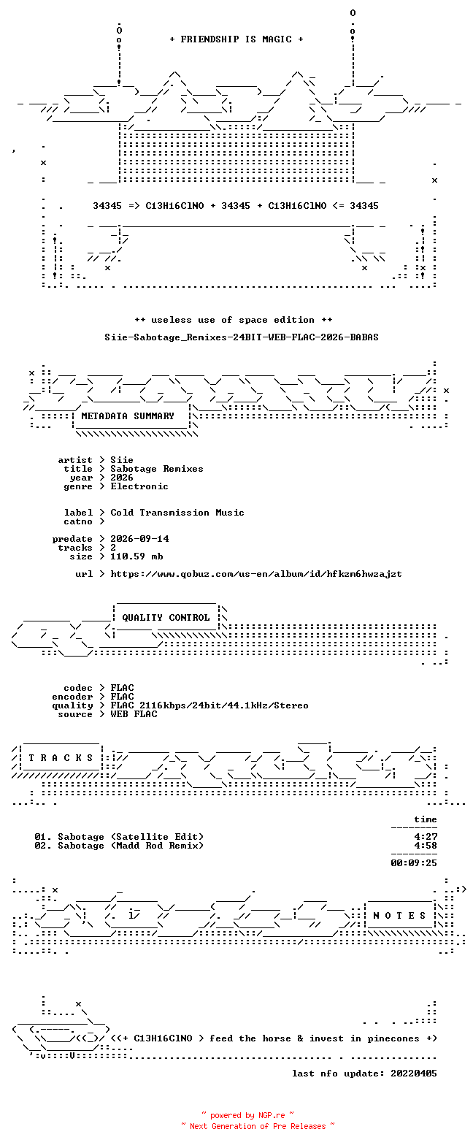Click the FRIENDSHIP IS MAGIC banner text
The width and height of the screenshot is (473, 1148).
pyautogui.click(x=236, y=39)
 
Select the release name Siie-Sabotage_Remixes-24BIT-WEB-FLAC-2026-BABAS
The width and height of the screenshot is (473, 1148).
pyautogui.click(x=242, y=337)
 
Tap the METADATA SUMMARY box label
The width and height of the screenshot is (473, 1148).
pyautogui.click(x=128, y=416)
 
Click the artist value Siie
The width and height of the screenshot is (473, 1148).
pyautogui.click(x=122, y=460)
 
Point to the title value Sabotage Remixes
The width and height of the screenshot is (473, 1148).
pyautogui.click(x=157, y=469)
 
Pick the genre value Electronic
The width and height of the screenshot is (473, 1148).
pyautogui.click(x=139, y=486)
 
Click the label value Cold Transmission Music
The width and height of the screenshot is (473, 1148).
pyautogui.click(x=177, y=513)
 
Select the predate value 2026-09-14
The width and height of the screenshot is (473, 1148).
pyautogui.click(x=140, y=539)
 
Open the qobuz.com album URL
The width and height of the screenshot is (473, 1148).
pyautogui.click(x=256, y=574)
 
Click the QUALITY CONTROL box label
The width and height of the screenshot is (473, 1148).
pyautogui.click(x=166, y=618)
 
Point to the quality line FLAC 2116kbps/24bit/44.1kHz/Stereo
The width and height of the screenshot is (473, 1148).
pyautogui.click(x=209, y=705)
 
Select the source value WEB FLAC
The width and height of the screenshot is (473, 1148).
pyautogui.click(x=134, y=714)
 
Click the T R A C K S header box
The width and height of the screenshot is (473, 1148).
pyautogui.click(x=61, y=758)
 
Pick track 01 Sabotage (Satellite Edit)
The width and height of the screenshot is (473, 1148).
pyautogui.click(x=119, y=837)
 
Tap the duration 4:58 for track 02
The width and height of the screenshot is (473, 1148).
pyautogui.click(x=426, y=846)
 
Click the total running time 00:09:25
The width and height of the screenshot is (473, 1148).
pyautogui.click(x=414, y=863)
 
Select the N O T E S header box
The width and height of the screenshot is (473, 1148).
pyautogui.click(x=400, y=915)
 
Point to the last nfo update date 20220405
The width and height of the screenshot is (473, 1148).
pyautogui.click(x=414, y=1074)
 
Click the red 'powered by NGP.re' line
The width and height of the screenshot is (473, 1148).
pyautogui.click(x=248, y=1115)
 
